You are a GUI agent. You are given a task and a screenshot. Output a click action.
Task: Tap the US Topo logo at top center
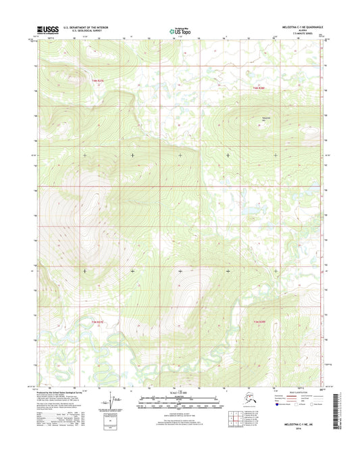click(179, 30)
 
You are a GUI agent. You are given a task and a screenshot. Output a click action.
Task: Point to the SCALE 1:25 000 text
click(179, 393)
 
